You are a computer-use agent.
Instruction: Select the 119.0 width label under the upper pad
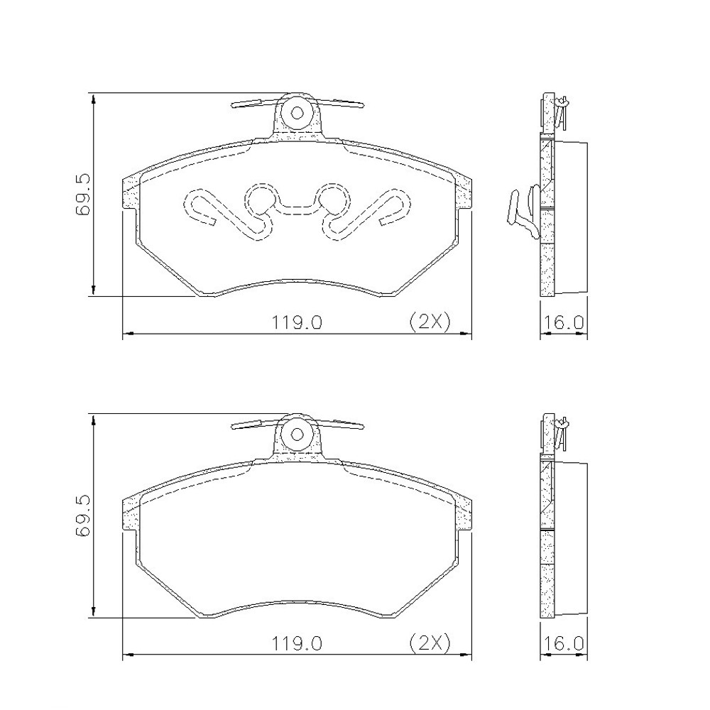point(297,322)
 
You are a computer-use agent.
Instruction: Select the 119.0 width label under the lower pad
point(297,643)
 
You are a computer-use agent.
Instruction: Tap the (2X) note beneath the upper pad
point(430,322)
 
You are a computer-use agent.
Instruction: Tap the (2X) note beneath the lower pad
point(430,643)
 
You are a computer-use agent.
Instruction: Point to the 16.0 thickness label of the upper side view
point(563,322)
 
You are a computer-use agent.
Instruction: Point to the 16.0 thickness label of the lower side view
point(563,643)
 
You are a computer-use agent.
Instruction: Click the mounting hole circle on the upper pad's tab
point(297,113)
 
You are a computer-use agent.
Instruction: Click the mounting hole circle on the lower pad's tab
point(297,435)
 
